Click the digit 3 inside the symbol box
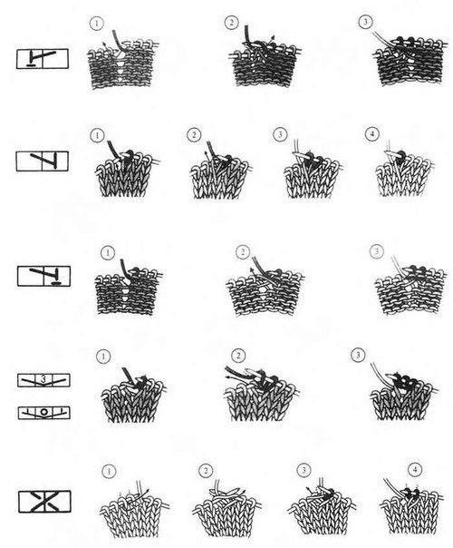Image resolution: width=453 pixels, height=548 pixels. point(43,378)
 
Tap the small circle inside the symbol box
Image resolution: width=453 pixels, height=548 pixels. point(43,412)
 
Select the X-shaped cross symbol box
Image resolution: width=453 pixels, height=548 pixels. point(44,502)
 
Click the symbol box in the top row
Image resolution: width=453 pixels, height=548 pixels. point(43,58)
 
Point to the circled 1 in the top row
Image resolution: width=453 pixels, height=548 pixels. point(96,24)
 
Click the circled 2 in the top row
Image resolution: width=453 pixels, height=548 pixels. point(231,23)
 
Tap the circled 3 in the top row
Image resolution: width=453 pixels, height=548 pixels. point(365,22)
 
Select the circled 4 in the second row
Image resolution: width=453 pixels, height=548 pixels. point(371,133)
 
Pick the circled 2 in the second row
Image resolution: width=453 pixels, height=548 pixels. point(194,135)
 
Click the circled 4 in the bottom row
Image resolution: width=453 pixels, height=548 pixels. point(415,469)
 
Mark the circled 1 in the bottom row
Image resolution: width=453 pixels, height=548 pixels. point(109,471)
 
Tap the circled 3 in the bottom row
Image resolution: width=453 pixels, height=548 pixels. point(304,470)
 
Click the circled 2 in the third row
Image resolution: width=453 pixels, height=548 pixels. point(243,252)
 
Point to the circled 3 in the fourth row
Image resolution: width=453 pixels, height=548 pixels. point(358,355)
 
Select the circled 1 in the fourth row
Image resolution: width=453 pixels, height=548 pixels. point(103,357)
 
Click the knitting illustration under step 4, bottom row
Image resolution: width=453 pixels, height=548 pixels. point(411,506)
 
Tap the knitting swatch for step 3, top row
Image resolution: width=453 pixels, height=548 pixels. point(410,58)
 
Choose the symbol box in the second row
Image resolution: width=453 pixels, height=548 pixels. point(43,161)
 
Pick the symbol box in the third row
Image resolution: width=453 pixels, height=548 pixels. point(43,276)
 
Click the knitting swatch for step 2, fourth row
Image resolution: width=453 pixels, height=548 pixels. point(261,393)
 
